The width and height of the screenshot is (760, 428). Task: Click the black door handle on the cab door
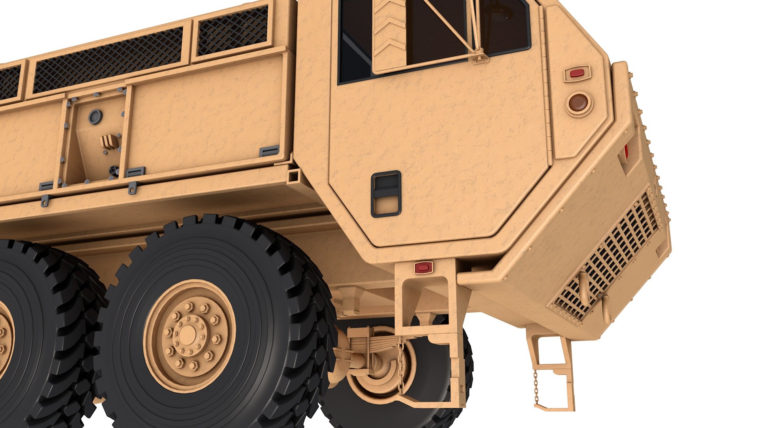click(x=386, y=194)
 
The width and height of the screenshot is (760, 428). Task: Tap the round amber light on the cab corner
click(x=579, y=103)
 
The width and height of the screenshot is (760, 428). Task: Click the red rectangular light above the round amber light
click(x=577, y=73)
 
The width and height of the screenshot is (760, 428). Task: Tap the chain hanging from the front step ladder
click(x=536, y=386)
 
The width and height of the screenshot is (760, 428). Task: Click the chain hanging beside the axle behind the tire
click(x=401, y=363)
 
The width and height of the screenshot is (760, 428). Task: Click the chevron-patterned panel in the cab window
click(x=389, y=36)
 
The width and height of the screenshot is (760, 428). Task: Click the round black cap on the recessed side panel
click(x=95, y=117)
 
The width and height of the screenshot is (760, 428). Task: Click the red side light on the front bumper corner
click(x=626, y=153)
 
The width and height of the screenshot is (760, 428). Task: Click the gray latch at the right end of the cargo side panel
click(x=269, y=151)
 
